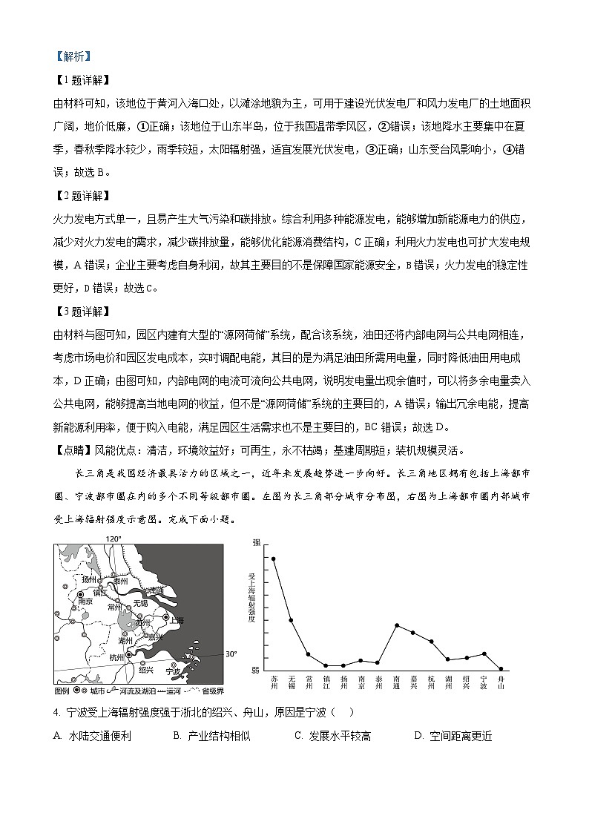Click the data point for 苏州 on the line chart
[274, 559]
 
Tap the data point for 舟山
[501, 668]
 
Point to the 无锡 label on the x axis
[291, 682]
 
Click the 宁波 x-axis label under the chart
[484, 682]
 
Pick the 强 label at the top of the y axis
[256, 544]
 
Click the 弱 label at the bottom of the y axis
[256, 670]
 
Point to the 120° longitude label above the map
[113, 539]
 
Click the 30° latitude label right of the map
[231, 654]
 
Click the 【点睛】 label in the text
[73, 450]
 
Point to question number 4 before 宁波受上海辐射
[56, 712]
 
